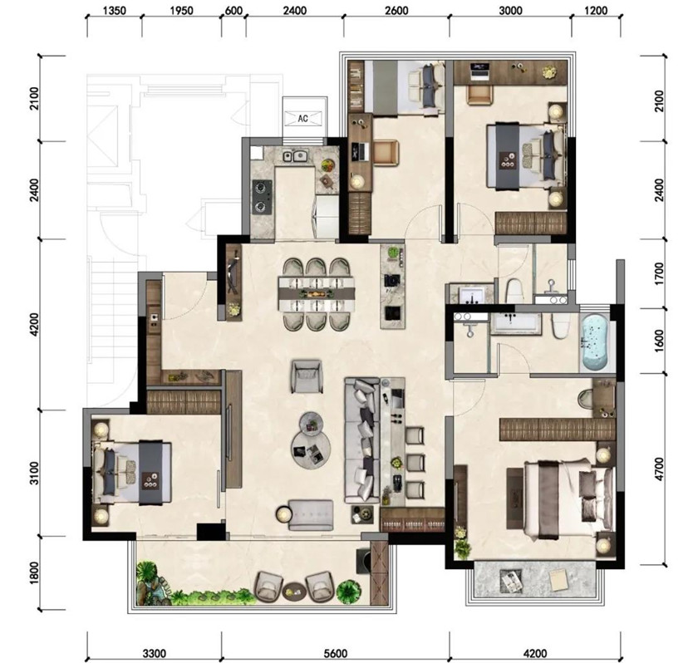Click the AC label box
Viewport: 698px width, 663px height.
pos(303,118)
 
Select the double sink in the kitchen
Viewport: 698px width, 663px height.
pos(296,156)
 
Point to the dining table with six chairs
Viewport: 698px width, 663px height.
pos(317,294)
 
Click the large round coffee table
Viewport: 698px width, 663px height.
pos(311,449)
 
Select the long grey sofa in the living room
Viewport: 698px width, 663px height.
pos(362,440)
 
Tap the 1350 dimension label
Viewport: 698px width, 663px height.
pos(115,11)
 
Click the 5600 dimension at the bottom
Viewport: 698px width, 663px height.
pos(335,653)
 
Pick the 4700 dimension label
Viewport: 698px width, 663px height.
pos(659,469)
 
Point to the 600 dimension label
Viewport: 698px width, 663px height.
pos(233,11)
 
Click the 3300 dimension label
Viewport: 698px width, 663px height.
pos(154,653)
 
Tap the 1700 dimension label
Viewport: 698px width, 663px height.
pos(659,273)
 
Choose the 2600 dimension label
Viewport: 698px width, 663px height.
pos(396,11)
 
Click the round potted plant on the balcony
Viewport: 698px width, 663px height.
pos(348,591)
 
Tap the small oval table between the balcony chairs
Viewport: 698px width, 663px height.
pos(294,590)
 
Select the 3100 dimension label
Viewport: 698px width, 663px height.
pos(34,474)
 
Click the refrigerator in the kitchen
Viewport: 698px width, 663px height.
pos(327,217)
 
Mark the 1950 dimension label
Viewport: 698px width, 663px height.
pos(182,11)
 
